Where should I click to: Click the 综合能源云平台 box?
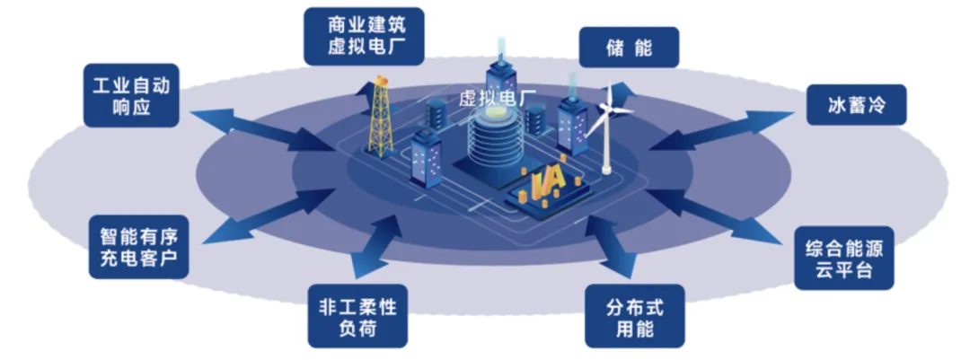(844, 257)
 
